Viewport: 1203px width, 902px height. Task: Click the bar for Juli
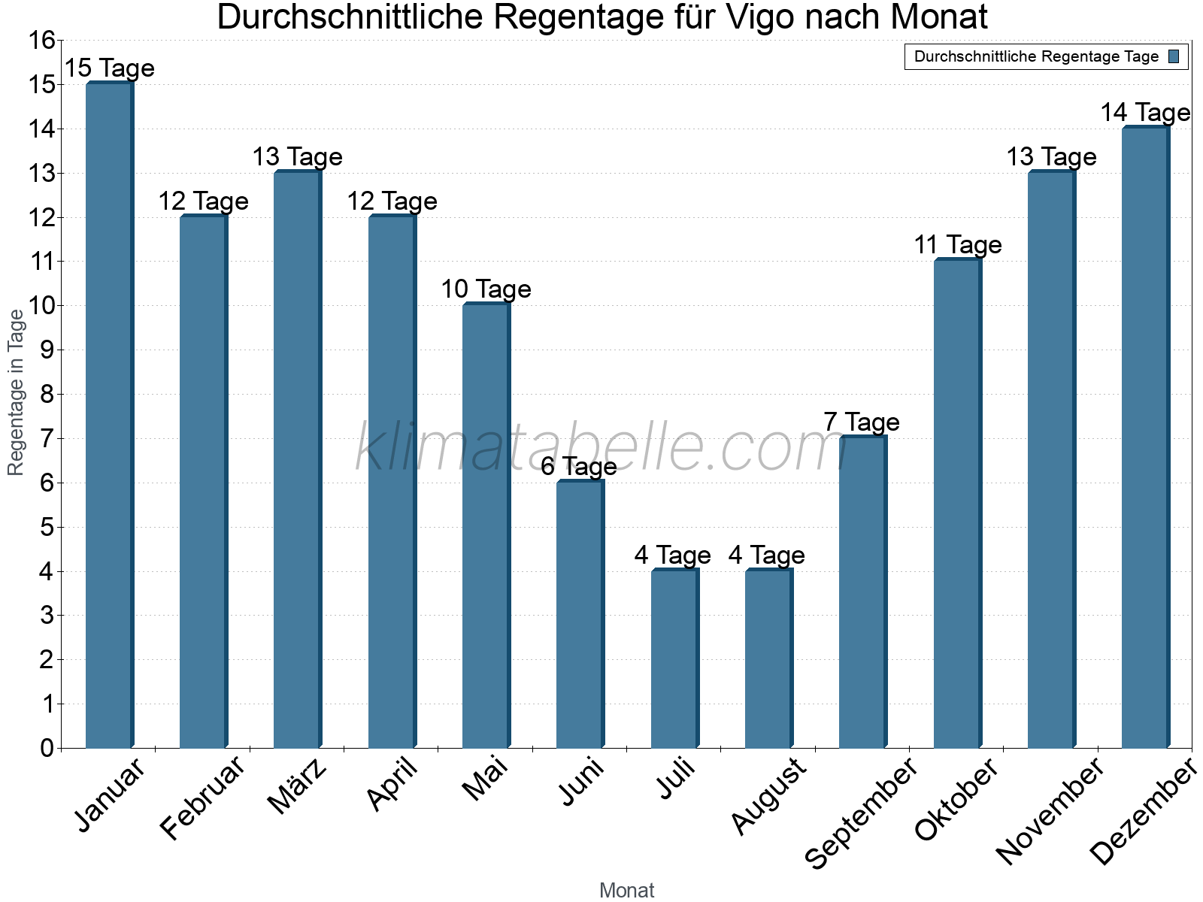pos(674,658)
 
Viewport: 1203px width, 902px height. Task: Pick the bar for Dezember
pos(1145,437)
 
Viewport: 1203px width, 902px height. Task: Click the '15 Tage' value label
pos(109,68)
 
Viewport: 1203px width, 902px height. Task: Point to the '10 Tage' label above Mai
pos(486,289)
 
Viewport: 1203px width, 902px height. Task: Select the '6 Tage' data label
pos(579,467)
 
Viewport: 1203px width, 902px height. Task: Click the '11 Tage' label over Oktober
pos(958,245)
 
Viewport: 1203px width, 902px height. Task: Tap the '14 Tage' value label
pos(1145,113)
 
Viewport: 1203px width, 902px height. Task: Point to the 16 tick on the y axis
pos(42,41)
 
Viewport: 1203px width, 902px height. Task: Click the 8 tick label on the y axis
pos(47,395)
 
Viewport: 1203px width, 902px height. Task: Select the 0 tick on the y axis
pos(47,748)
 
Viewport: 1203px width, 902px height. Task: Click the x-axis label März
pos(298,786)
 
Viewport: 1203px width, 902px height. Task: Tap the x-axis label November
pos(1050,812)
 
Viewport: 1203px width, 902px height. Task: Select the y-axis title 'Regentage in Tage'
pos(16,392)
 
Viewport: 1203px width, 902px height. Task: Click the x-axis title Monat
pos(626,891)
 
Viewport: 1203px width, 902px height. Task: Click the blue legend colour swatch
pos(1174,56)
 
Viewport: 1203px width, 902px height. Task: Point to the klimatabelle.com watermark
pos(601,448)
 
